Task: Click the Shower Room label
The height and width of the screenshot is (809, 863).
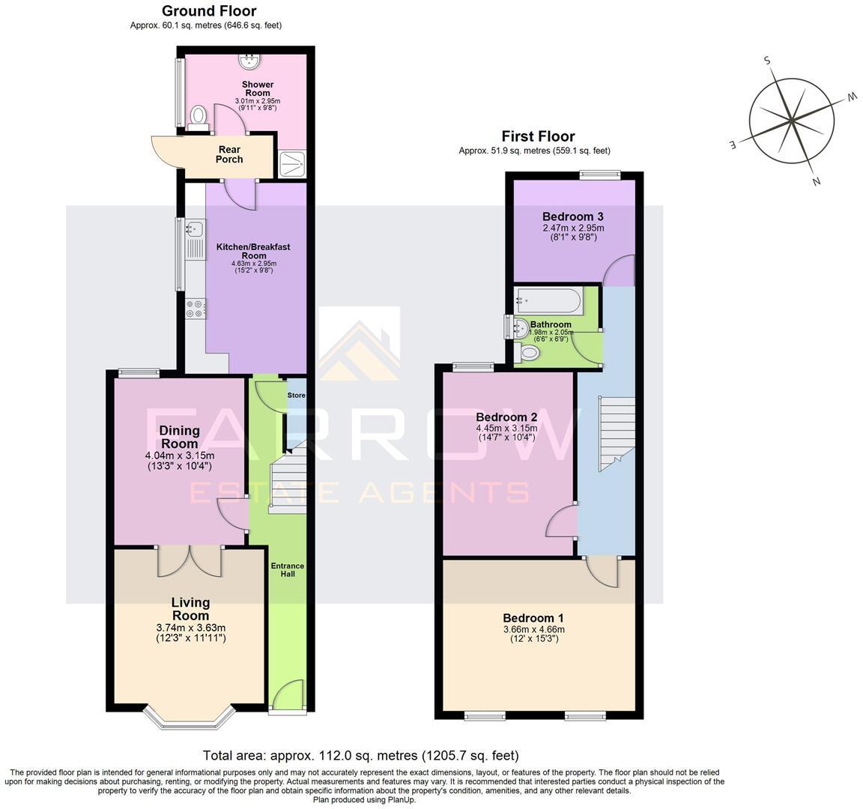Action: (x=258, y=88)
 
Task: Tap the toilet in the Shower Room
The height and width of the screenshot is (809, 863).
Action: (x=198, y=117)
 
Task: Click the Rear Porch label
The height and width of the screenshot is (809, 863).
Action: (x=229, y=154)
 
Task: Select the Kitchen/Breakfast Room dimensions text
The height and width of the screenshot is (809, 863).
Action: (x=253, y=267)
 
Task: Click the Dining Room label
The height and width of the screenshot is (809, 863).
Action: (x=179, y=437)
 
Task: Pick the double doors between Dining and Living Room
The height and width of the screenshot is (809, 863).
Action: (x=190, y=562)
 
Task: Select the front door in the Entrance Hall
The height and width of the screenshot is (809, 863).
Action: (x=287, y=694)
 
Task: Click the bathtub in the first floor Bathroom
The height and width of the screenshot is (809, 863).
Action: (x=548, y=301)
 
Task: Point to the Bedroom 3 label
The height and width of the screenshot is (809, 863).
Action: (x=573, y=216)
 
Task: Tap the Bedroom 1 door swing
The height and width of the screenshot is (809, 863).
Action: (x=602, y=571)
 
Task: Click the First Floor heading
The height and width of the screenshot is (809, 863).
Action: (x=538, y=136)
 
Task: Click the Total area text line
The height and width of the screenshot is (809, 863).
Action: (x=360, y=755)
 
